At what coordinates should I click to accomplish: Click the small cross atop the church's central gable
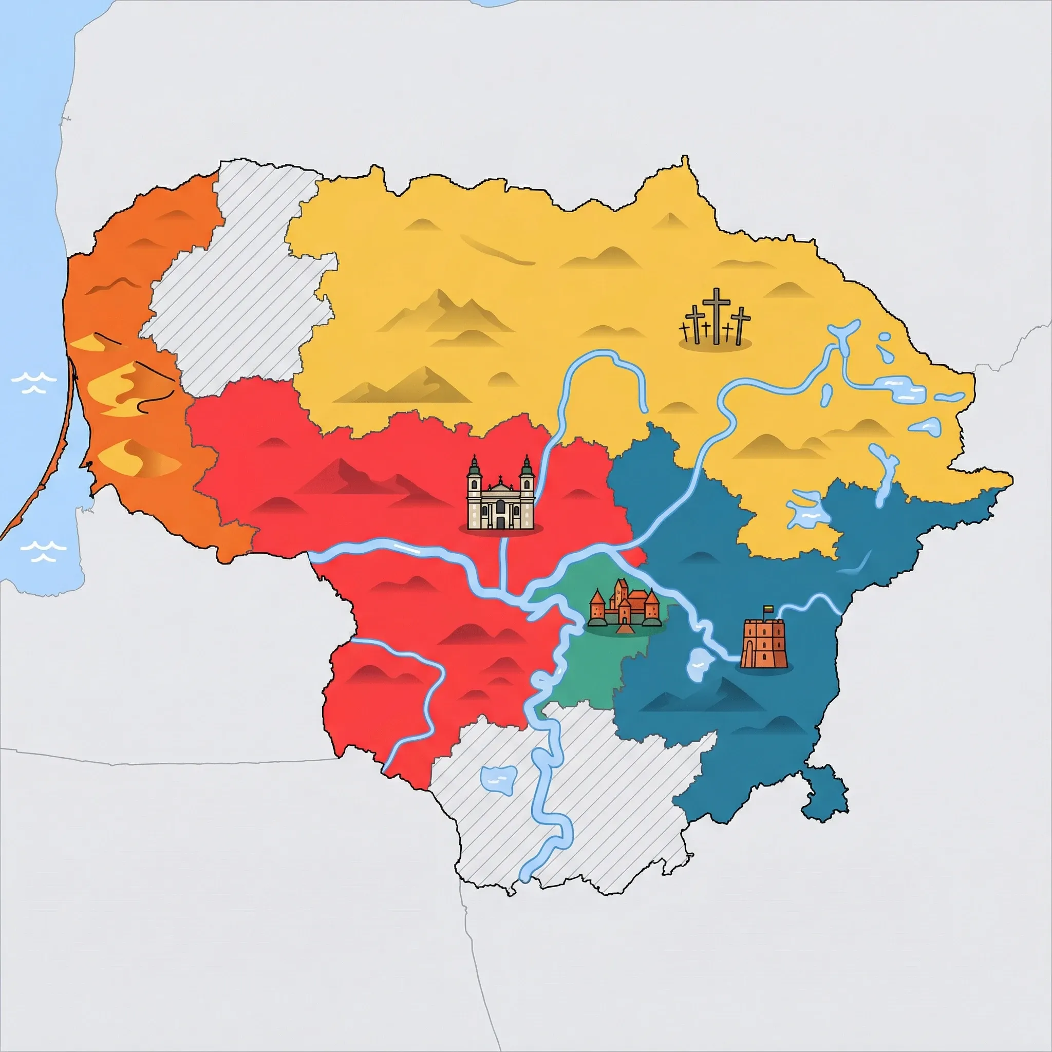[x=500, y=479]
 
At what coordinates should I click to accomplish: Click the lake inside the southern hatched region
[x=499, y=779]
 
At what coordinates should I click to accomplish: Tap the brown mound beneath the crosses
[x=715, y=344]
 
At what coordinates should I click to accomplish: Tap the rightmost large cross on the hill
[x=740, y=324]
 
